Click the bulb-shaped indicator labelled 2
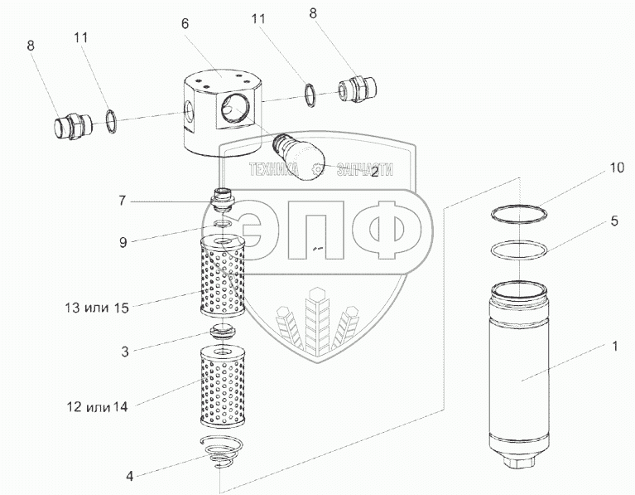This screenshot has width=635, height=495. (299, 155)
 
